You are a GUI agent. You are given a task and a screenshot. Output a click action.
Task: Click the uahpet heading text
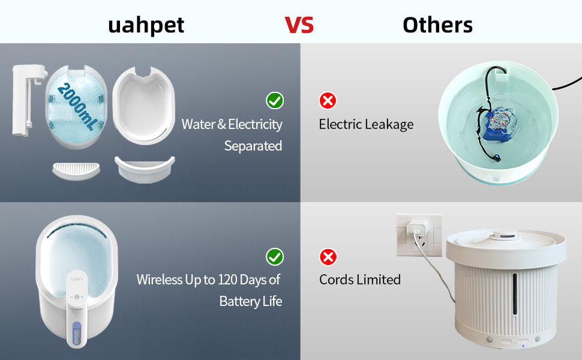[x=146, y=25]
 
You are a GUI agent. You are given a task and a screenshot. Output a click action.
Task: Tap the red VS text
[x=299, y=25]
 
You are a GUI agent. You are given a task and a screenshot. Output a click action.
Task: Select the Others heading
[x=437, y=25]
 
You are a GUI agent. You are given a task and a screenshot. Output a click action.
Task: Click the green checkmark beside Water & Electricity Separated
[x=275, y=100]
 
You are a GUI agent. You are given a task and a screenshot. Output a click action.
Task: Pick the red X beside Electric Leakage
[x=328, y=100]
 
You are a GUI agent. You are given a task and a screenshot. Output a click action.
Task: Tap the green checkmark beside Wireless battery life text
[x=275, y=257]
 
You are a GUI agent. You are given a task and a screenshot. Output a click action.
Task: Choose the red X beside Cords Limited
[x=328, y=257]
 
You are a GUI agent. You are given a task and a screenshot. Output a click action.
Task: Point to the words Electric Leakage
[x=366, y=124]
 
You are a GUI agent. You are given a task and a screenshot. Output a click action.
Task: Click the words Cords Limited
[x=360, y=280]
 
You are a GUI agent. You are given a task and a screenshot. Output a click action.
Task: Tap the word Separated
[x=253, y=146]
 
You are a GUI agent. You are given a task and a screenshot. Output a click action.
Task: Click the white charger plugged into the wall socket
[x=413, y=230]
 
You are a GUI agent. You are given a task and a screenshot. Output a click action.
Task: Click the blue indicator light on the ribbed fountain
[x=523, y=346]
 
